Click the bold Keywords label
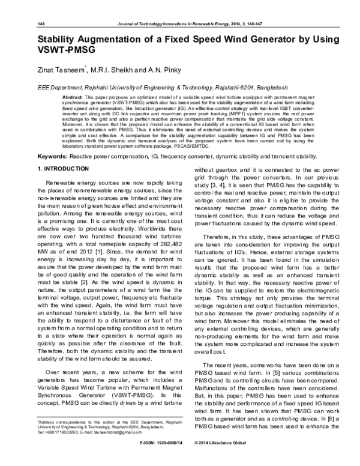click(48, 156)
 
